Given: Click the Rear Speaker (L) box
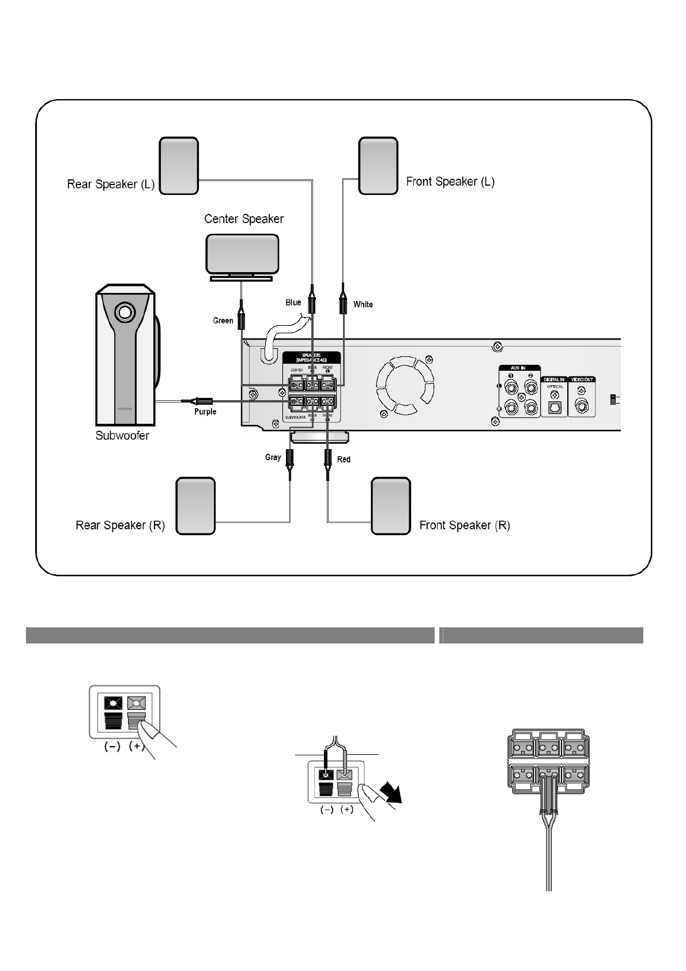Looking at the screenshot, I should click(x=179, y=166).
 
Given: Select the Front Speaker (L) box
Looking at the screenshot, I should click(x=378, y=166).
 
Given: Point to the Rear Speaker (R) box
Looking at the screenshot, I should click(x=195, y=506).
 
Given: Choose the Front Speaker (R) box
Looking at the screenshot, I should click(x=391, y=506).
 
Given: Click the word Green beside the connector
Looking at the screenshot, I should click(x=223, y=321).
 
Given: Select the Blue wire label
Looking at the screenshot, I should click(x=293, y=302).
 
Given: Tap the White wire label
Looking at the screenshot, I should click(x=363, y=304).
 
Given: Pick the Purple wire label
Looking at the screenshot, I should click(x=205, y=412).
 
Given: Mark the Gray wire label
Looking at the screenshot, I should click(x=273, y=457).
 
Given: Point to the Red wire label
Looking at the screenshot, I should click(x=344, y=460).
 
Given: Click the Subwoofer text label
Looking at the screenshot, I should click(x=122, y=436).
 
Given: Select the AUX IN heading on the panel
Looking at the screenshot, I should click(x=518, y=368).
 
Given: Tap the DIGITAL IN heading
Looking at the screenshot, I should click(x=555, y=379).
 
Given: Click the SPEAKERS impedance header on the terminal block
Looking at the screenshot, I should click(x=311, y=357).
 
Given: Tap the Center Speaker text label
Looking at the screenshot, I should click(x=244, y=219).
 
